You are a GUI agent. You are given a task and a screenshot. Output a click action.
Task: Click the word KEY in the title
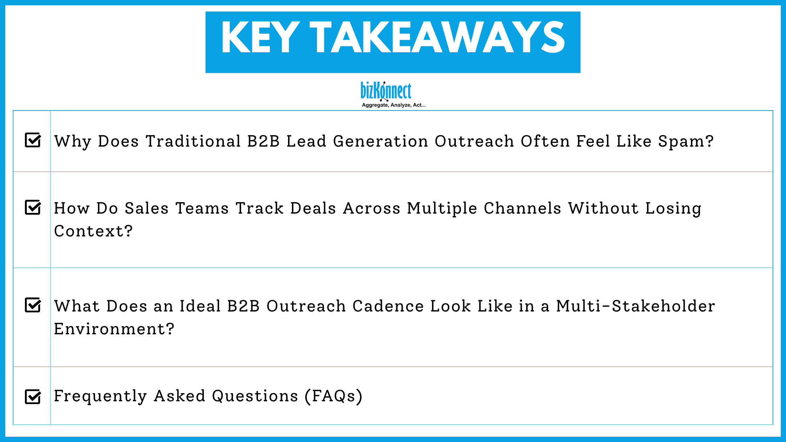(x=260, y=37)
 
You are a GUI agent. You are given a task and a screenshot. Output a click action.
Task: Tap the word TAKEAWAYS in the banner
(x=437, y=37)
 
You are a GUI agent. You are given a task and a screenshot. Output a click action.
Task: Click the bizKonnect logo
(x=386, y=91)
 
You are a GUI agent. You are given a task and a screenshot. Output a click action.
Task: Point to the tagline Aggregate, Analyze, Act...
(x=393, y=105)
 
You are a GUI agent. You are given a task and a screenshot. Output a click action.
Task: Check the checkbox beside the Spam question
(x=33, y=140)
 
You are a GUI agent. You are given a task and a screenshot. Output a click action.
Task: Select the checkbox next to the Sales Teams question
(x=33, y=207)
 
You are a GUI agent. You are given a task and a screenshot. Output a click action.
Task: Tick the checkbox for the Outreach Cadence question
(x=33, y=305)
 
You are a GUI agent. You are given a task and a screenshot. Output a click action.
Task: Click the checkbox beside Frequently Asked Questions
(x=33, y=397)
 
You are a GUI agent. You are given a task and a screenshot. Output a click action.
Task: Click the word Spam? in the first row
(x=686, y=141)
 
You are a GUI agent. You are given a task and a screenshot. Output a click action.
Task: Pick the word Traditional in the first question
(x=193, y=141)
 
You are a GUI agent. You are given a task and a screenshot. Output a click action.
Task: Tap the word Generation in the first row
(x=380, y=141)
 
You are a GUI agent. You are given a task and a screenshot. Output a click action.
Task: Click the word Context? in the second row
(x=93, y=231)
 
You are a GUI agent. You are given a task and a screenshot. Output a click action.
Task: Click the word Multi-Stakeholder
(x=635, y=306)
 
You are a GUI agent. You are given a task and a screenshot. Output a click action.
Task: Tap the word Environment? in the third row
(x=114, y=329)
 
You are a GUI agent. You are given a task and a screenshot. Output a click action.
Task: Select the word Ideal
(x=200, y=306)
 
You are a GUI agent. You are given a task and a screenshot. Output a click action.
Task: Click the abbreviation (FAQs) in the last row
(x=333, y=396)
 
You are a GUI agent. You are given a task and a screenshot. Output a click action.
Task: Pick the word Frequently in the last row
(x=100, y=396)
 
